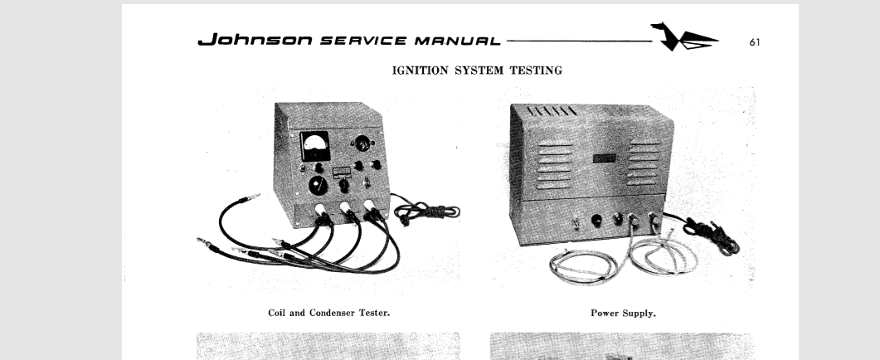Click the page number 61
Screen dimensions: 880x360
tap(755, 42)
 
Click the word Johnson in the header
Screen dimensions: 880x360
tap(255, 39)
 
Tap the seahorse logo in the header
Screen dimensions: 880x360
tap(683, 37)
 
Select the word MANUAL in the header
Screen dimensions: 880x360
tap(457, 41)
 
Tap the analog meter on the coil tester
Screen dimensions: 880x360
tap(315, 145)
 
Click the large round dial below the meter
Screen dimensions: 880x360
tap(318, 185)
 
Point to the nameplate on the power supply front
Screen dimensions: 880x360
tap(605, 158)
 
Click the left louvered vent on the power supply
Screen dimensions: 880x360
tap(555, 165)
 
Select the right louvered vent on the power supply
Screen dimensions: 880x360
tap(644, 163)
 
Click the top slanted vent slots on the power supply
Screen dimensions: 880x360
tap(552, 110)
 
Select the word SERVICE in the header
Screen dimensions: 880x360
tap(363, 41)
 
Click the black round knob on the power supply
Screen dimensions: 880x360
tap(596, 220)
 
